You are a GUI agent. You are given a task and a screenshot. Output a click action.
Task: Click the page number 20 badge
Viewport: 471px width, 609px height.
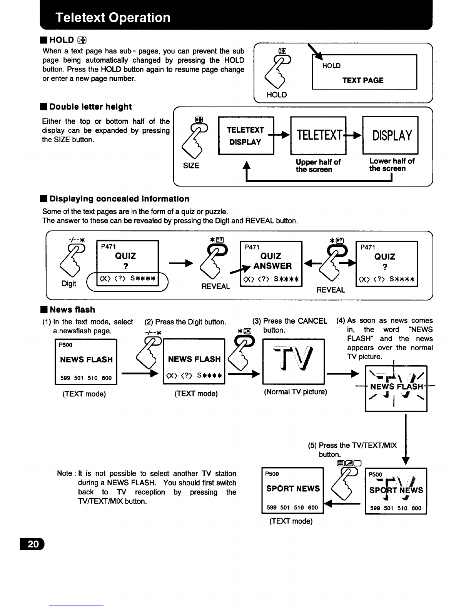[32, 544]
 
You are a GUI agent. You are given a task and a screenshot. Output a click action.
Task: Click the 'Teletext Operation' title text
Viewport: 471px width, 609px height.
[113, 17]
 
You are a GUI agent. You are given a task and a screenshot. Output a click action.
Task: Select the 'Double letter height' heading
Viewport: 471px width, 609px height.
[90, 107]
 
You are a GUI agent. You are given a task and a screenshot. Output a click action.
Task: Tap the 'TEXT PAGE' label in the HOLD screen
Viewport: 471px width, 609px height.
[363, 80]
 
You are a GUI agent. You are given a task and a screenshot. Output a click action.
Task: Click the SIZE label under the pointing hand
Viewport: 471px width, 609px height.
[191, 166]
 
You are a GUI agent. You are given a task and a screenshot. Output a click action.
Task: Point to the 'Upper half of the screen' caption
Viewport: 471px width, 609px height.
[318, 166]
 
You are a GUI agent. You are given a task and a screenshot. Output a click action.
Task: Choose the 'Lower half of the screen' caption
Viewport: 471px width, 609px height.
[392, 165]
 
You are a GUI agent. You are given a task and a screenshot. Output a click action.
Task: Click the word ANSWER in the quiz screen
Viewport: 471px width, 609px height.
[272, 266]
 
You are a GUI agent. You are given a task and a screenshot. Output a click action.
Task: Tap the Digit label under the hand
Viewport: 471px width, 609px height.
[69, 284]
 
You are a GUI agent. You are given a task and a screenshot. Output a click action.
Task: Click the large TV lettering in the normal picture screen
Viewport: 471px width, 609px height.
[293, 358]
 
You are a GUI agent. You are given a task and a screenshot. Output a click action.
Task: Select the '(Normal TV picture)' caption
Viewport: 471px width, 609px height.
[296, 391]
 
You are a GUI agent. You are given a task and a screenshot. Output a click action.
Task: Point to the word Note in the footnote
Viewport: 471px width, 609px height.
[65, 473]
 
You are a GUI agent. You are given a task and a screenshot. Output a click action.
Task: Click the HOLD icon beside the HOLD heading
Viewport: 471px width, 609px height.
[82, 40]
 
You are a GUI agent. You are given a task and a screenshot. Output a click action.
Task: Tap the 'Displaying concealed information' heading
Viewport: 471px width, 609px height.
[119, 199]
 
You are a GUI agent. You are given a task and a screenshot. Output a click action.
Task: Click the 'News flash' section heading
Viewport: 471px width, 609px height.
[72, 309]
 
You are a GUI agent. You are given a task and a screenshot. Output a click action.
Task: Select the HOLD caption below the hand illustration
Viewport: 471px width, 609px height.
[277, 95]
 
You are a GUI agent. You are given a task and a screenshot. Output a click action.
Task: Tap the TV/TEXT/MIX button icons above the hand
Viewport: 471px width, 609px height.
[349, 463]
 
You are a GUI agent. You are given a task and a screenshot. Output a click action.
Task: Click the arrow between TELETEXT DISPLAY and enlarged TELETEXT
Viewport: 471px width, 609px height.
[279, 135]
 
